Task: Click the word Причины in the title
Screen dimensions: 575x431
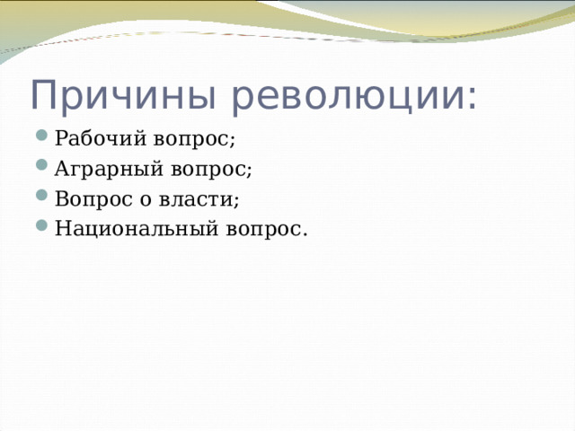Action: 123,95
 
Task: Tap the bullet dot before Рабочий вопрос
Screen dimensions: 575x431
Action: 42,135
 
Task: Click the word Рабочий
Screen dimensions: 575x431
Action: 101,138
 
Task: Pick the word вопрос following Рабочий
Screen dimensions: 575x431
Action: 190,140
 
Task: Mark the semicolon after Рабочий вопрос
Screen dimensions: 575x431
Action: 232,140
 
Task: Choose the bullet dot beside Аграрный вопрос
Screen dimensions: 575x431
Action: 42,164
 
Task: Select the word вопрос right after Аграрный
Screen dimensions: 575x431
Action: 208,170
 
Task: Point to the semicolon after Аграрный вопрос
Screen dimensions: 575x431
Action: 249,171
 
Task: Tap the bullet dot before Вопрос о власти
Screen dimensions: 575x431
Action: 42,195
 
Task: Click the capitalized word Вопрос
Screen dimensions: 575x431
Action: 93,199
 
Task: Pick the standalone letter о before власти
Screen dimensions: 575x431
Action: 146,200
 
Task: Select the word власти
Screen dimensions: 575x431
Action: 196,199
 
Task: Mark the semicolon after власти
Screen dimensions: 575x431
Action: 236,200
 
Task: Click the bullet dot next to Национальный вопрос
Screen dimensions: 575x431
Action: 42,224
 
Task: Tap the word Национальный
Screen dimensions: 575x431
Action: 137,229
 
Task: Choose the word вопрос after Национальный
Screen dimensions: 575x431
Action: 262,230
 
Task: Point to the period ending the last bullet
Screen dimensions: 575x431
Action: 304,234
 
